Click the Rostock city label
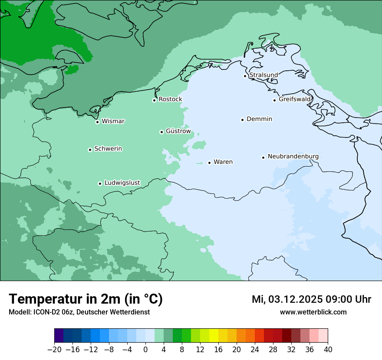[170, 99]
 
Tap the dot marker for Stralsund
[245, 76]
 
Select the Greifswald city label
[295, 99]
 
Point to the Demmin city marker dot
[242, 120]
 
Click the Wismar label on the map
[113, 121]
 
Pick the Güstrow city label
[178, 131]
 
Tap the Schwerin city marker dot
[90, 150]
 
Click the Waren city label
[223, 162]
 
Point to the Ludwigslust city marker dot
[100, 183]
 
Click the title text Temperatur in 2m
[86, 299]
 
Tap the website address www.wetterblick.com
[313, 312]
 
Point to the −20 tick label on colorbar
[54, 350]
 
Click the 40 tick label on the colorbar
[328, 350]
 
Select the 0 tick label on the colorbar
[145, 350]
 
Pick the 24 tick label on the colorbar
[255, 350]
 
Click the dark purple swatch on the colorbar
[59, 336]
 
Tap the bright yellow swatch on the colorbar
[214, 336]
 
